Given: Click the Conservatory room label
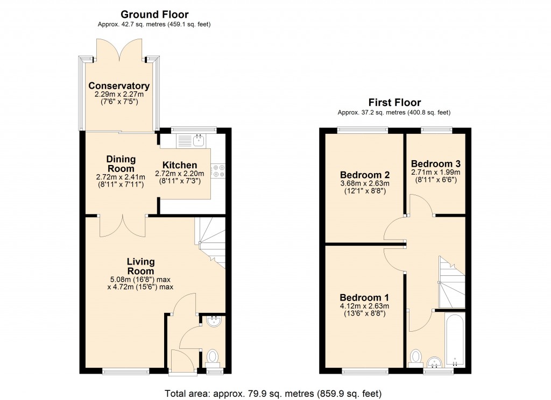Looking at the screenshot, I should (x=119, y=86).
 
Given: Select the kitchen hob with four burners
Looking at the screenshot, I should (x=219, y=170).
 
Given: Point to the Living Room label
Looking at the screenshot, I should (x=140, y=266).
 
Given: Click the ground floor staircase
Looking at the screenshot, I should (x=211, y=242).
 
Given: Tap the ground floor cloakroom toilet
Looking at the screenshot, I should (x=213, y=356).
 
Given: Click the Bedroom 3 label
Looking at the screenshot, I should (x=435, y=164).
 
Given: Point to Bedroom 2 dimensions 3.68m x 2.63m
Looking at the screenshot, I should (x=364, y=184).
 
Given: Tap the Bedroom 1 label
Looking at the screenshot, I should (x=364, y=298).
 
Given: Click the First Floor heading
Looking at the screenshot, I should (x=394, y=103).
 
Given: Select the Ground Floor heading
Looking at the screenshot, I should (x=154, y=15).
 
